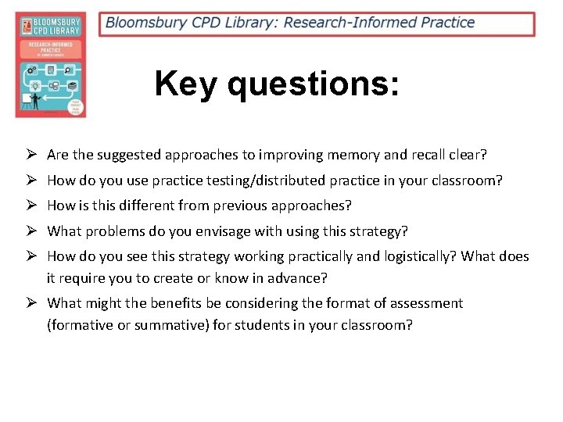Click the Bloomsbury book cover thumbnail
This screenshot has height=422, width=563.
coord(51,65)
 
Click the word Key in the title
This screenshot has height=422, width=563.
coord(185,84)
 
